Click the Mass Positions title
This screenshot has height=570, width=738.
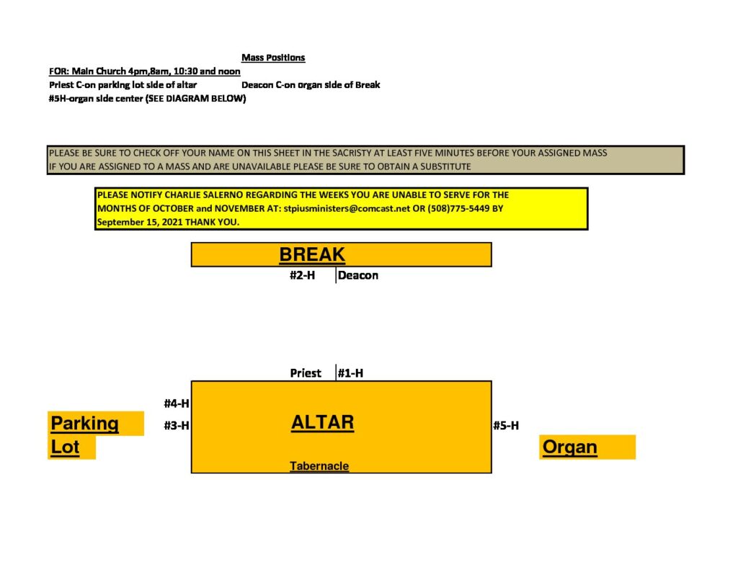click(x=273, y=58)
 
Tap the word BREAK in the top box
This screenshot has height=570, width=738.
click(x=311, y=254)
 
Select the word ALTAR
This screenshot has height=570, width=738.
click(x=322, y=422)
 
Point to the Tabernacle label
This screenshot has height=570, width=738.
click(x=319, y=466)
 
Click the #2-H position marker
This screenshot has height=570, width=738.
click(x=302, y=275)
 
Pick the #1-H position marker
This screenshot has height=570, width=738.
click(x=351, y=373)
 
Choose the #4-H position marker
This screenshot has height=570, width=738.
click(x=177, y=404)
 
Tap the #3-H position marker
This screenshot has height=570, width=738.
click(x=177, y=425)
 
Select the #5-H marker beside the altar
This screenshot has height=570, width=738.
click(x=506, y=425)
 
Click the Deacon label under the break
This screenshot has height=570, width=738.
click(x=357, y=275)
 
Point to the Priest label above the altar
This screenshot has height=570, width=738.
click(x=306, y=373)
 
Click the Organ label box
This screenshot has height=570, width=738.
click(x=587, y=447)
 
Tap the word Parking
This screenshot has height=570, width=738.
click(x=85, y=423)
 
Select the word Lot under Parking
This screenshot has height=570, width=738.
click(x=65, y=447)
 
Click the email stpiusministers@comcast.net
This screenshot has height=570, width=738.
click(x=347, y=208)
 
